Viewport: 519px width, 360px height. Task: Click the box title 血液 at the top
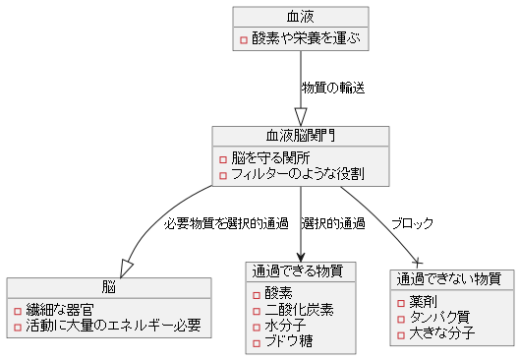(x=301, y=17)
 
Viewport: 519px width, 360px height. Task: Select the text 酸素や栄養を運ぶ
(x=306, y=39)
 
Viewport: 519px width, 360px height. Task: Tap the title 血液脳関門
(x=301, y=136)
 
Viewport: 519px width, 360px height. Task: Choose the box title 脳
(x=109, y=286)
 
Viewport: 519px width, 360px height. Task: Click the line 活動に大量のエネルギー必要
(x=113, y=325)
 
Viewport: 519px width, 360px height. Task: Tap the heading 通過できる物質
(x=300, y=270)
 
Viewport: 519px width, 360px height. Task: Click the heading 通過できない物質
(x=448, y=278)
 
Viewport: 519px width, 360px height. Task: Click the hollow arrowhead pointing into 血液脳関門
(x=301, y=114)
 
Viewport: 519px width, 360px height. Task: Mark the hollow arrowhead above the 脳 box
(x=126, y=267)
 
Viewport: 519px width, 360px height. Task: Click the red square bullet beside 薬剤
(x=401, y=302)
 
